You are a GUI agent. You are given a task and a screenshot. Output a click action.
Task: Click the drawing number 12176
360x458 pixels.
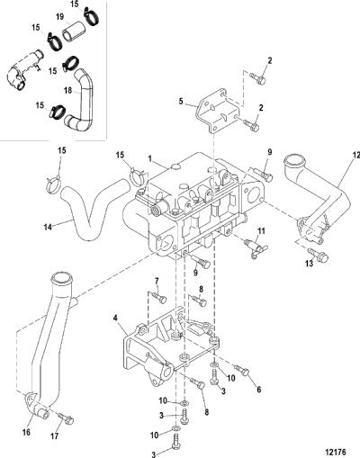coord(335,452)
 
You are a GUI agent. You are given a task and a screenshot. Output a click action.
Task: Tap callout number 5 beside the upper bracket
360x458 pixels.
coord(181,102)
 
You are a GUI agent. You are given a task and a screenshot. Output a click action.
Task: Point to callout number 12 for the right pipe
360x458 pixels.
coord(356,156)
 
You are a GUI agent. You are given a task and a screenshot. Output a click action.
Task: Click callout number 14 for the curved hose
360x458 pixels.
coord(48,227)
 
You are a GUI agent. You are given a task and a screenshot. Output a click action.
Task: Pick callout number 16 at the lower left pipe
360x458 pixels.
coord(27,432)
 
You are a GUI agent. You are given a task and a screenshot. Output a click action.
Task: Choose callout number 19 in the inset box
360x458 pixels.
coord(60,16)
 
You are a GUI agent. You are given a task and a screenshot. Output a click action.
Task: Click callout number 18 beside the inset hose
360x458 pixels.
coord(68,90)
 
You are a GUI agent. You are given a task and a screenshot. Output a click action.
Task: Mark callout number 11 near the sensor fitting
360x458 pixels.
coord(261,231)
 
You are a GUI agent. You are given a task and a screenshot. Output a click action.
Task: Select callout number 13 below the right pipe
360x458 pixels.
coord(309,264)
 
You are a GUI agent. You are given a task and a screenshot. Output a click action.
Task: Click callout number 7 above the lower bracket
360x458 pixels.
coord(157,281)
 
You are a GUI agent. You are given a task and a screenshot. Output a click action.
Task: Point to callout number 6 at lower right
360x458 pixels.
coord(259,390)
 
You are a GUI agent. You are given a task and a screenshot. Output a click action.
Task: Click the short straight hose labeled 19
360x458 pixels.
coord(74,31)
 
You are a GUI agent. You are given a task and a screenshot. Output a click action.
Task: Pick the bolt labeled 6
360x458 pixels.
coord(242,370)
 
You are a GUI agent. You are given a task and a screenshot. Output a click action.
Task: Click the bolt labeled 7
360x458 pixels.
coord(159,298)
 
